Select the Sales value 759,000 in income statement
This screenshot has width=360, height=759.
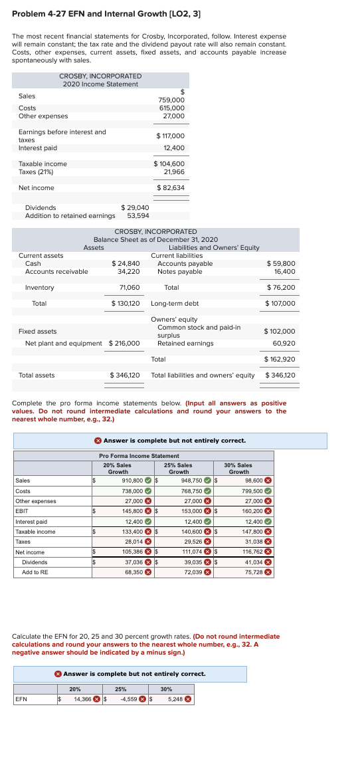click(173, 100)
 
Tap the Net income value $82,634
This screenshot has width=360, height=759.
click(171, 188)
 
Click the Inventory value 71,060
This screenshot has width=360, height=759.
click(129, 288)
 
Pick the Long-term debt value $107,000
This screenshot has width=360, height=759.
click(280, 304)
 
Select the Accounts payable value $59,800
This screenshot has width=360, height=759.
click(280, 263)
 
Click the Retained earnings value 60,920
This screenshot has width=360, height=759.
click(284, 344)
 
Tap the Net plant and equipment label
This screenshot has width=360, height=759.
click(64, 344)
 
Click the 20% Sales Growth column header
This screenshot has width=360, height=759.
click(118, 469)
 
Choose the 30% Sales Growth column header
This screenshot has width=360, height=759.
click(238, 469)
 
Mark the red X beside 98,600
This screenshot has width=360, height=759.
click(268, 481)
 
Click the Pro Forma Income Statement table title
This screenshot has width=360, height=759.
click(139, 456)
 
